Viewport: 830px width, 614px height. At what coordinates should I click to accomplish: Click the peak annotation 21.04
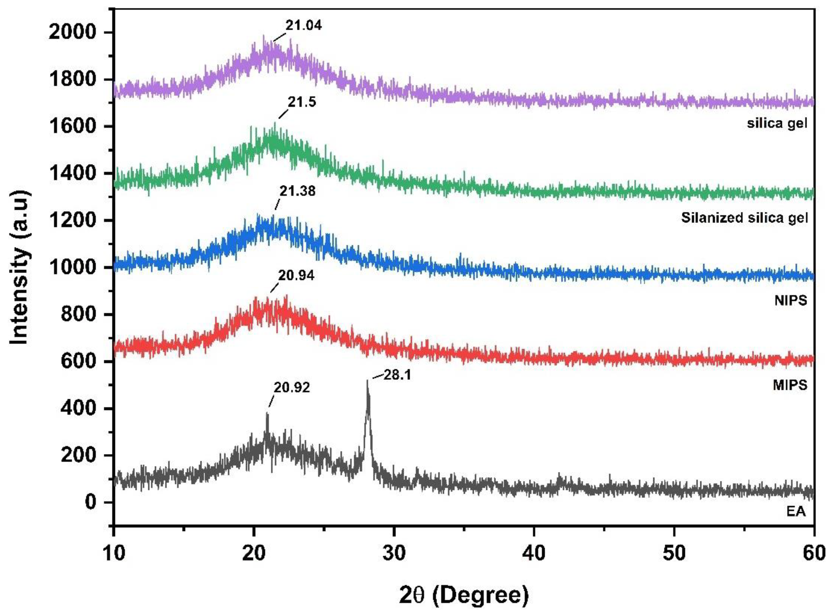point(303,25)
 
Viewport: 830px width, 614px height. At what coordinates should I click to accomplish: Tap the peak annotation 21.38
point(297,191)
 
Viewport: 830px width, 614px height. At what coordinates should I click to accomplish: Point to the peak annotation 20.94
point(296,276)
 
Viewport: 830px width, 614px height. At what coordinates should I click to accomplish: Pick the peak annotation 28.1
point(397,375)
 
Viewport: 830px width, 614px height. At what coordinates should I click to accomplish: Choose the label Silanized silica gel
point(744,217)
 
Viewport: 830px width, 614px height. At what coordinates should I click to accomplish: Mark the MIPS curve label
point(790,385)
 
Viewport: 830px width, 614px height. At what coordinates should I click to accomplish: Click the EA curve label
point(796,511)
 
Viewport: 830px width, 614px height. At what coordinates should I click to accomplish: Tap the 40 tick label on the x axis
point(534,553)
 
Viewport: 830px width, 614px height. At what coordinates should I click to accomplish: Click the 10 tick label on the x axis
point(113,553)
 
